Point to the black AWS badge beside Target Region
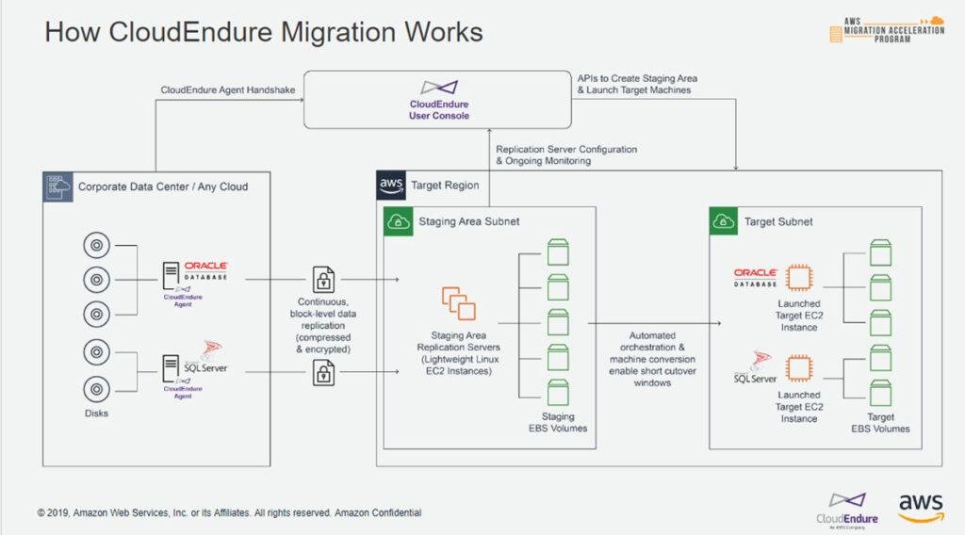391,186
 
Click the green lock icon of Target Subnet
724,222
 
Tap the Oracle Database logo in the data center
205,270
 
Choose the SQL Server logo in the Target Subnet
756,368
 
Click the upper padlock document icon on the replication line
323,280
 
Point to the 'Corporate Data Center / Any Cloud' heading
163,186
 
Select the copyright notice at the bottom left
229,513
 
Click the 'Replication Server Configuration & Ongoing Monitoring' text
566,155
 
